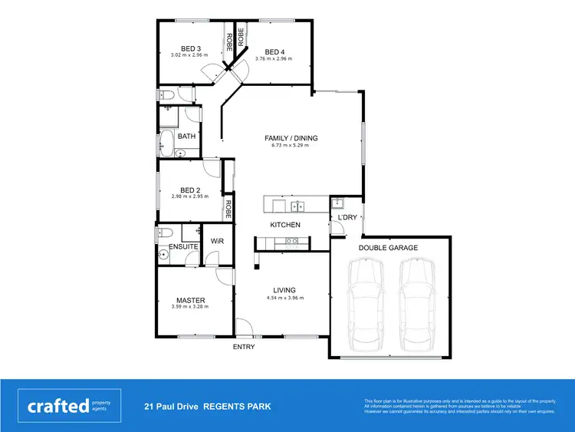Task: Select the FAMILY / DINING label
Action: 291,139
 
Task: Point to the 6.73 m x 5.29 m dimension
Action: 291,146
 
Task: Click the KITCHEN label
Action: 284,225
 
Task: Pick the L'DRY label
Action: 343,218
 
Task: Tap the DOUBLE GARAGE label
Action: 388,248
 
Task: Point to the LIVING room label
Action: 280,290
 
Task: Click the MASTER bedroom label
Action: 189,300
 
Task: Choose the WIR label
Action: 217,241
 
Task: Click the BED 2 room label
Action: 190,190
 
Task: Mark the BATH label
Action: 186,137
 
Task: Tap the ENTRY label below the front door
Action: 244,347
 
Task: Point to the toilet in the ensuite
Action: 163,232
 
